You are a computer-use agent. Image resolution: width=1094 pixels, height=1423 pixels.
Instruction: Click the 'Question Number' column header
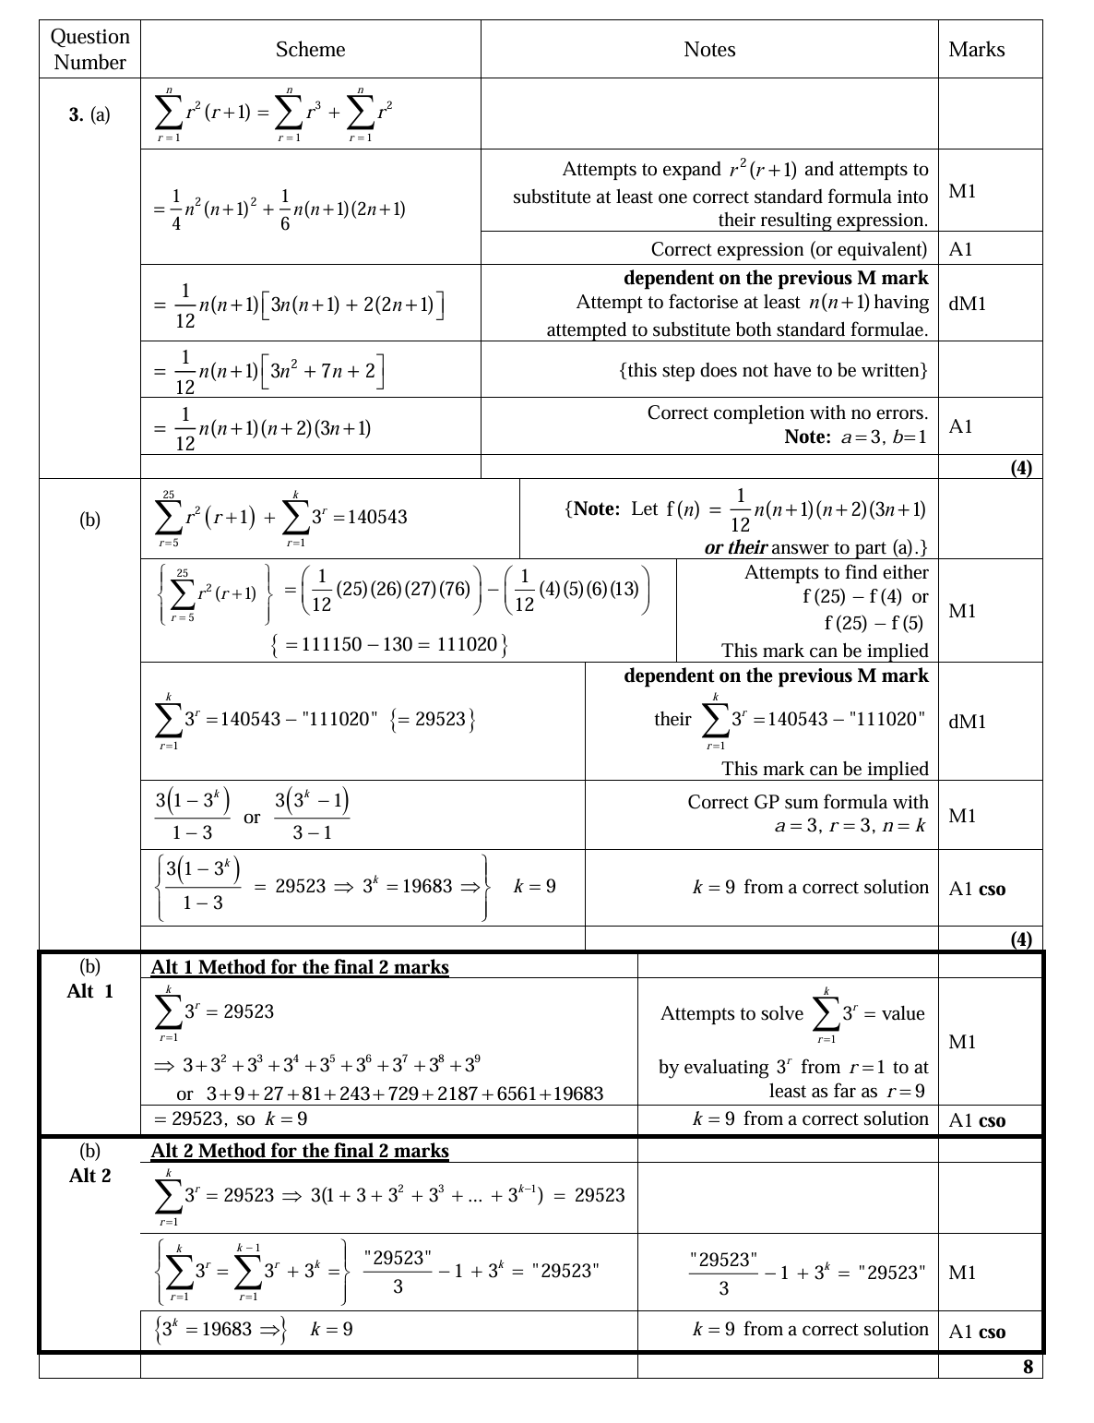(89, 49)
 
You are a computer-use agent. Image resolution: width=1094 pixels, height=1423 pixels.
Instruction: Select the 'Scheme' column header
(310, 49)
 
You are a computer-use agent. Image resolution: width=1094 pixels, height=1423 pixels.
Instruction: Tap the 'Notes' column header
(709, 49)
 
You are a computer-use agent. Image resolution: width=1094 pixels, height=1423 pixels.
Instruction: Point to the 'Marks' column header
(976, 49)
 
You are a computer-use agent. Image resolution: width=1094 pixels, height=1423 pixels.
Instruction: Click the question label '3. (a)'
(89, 115)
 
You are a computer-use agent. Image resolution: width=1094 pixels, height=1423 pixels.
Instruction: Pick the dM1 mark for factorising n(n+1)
(967, 303)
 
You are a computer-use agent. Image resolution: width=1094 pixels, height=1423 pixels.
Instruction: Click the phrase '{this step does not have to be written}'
(773, 370)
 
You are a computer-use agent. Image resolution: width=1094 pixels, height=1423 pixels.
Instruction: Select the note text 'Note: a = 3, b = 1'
(855, 436)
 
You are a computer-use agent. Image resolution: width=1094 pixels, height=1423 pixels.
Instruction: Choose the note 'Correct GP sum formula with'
(807, 802)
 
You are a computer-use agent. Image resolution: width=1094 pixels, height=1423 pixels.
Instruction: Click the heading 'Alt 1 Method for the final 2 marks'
(300, 967)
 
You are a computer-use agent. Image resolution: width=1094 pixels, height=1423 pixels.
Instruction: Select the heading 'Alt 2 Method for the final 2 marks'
(300, 1151)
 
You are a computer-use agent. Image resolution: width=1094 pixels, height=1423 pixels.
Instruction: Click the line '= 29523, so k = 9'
(231, 1119)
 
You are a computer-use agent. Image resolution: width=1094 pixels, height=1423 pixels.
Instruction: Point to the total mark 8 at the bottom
(1027, 1367)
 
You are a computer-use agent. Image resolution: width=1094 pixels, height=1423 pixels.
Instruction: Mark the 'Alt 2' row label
(89, 1176)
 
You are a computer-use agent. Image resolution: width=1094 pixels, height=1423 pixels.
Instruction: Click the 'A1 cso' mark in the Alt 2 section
(977, 1332)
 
